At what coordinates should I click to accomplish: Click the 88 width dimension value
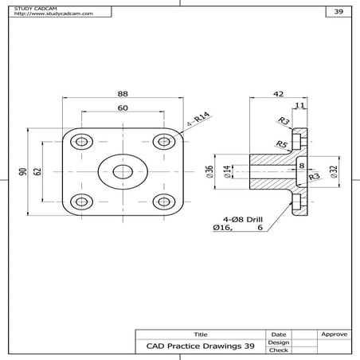(123, 94)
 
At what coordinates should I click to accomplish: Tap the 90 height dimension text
(24, 171)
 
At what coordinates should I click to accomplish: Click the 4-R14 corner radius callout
(198, 119)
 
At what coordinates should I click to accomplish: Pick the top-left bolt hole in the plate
(81, 142)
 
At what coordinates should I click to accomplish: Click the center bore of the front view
(123, 171)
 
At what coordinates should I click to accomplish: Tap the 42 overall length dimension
(278, 93)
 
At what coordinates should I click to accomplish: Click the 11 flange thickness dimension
(299, 105)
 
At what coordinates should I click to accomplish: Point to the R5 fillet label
(280, 144)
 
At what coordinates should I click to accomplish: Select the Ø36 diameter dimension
(209, 171)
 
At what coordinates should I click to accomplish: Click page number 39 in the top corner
(338, 13)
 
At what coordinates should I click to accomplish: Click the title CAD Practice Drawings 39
(200, 346)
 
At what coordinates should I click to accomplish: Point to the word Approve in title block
(332, 334)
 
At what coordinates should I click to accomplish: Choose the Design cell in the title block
(278, 342)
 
